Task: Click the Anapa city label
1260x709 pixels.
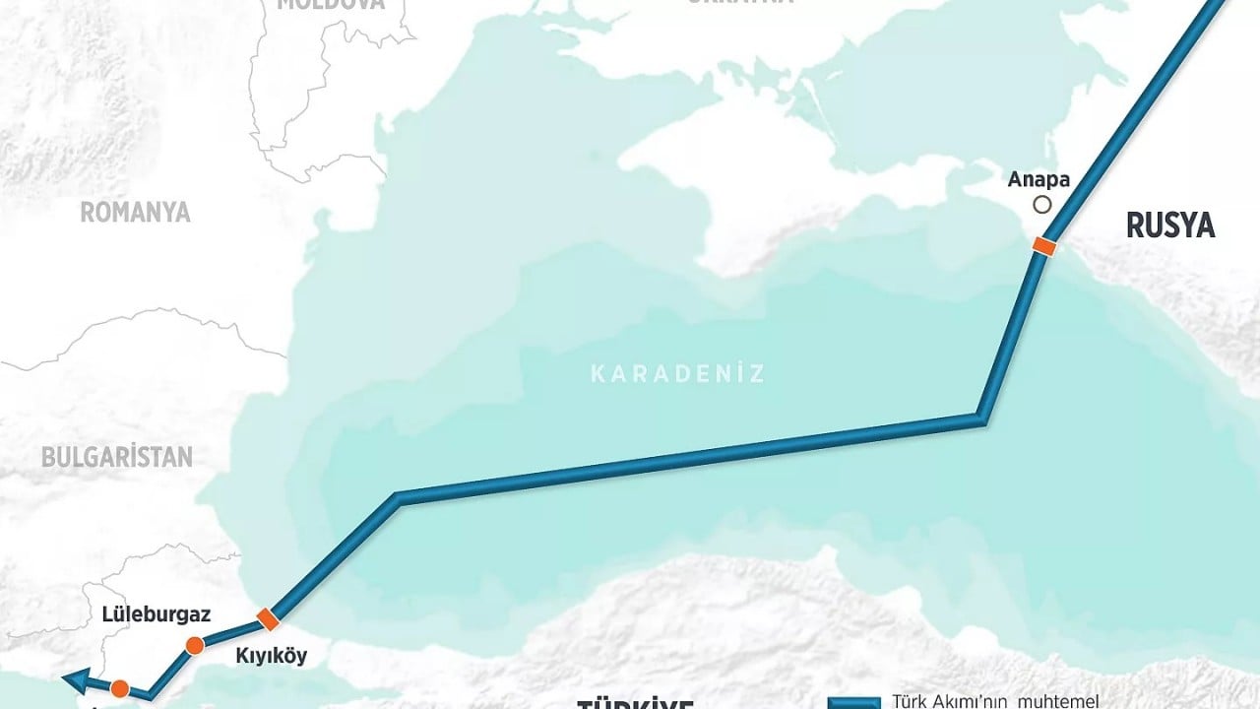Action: tap(1039, 180)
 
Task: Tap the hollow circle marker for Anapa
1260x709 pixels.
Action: tap(1041, 205)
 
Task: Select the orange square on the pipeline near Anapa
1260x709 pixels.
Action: tap(1044, 246)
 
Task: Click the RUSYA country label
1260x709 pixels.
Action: tap(1170, 226)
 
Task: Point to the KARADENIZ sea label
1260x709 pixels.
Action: tap(677, 373)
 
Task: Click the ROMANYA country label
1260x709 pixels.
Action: tap(135, 212)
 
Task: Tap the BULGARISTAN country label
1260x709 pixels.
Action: tap(117, 457)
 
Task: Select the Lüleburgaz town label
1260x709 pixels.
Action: tap(157, 614)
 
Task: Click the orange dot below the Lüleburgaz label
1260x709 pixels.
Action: tap(195, 646)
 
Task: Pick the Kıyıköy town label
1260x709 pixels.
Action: tap(271, 656)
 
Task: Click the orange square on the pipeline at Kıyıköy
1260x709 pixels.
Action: tap(267, 619)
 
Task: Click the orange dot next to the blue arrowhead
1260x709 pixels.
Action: tap(120, 688)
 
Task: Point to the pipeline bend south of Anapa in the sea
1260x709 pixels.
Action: tap(981, 418)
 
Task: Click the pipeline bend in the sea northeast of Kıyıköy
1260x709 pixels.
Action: tap(397, 499)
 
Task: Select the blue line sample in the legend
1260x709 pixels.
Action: tap(852, 703)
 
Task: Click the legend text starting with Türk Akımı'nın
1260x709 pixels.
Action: tap(994, 702)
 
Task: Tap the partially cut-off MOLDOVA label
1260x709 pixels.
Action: tap(329, 4)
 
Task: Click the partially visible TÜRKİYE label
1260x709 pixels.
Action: tap(635, 703)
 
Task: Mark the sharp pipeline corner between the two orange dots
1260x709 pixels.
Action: tap(149, 695)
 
